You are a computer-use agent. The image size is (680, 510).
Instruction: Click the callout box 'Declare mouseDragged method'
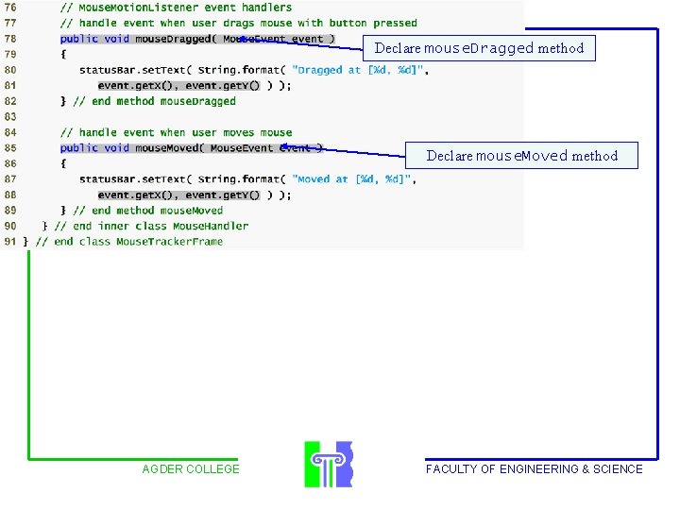pyautogui.click(x=479, y=48)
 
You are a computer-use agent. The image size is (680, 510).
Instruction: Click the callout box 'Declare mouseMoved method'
pyautogui.click(x=521, y=156)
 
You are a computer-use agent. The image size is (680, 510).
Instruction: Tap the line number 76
pyautogui.click(x=9, y=8)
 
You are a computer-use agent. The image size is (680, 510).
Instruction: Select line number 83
pyautogui.click(x=9, y=117)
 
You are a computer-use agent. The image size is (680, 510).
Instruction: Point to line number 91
pyautogui.click(x=9, y=242)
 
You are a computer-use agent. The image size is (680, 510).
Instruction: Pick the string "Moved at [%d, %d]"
pyautogui.click(x=350, y=179)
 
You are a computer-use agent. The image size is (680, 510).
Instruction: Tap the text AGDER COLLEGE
pyautogui.click(x=191, y=469)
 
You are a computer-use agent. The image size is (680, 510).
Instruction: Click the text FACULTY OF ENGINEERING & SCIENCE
pyautogui.click(x=534, y=469)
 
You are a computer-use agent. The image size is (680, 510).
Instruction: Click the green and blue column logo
pyautogui.click(x=328, y=464)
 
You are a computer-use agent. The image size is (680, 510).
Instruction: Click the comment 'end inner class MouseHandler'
pyautogui.click(x=151, y=227)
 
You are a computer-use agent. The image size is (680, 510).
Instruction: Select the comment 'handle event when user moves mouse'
pyautogui.click(x=176, y=133)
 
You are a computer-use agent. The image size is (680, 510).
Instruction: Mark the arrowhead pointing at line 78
pyautogui.click(x=243, y=39)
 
